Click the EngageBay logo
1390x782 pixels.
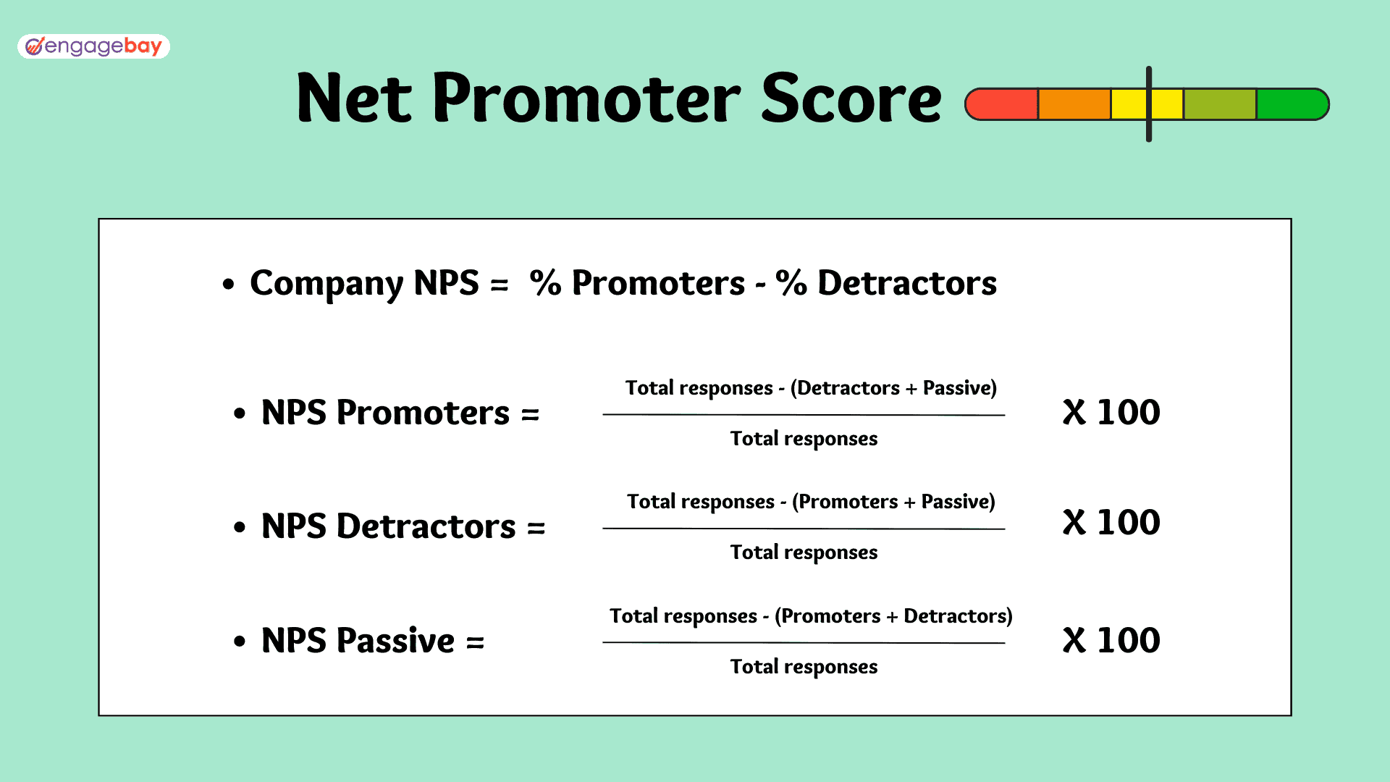[x=94, y=46]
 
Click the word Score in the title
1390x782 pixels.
[x=851, y=98]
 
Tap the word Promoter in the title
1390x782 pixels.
[x=586, y=98]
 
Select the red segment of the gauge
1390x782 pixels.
[x=1002, y=104]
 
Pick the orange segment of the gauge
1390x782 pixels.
[x=1074, y=104]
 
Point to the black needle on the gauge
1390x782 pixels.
[x=1149, y=104]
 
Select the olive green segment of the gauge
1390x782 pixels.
[x=1220, y=104]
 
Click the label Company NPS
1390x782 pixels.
[x=364, y=284]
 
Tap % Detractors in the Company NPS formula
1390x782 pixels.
[x=886, y=283]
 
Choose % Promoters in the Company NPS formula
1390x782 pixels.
[x=637, y=283]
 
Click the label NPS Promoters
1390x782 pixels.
[x=386, y=413]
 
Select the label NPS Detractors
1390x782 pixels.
[x=389, y=526]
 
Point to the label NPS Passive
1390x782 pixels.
[x=358, y=641]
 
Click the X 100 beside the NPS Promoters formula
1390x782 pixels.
[x=1111, y=413]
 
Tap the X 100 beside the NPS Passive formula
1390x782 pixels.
[x=1111, y=641]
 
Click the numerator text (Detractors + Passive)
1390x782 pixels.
[x=893, y=388]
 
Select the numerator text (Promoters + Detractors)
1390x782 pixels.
[x=893, y=616]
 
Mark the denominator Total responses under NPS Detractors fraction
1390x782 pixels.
[x=804, y=553]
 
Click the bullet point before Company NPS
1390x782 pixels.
[x=229, y=284]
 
